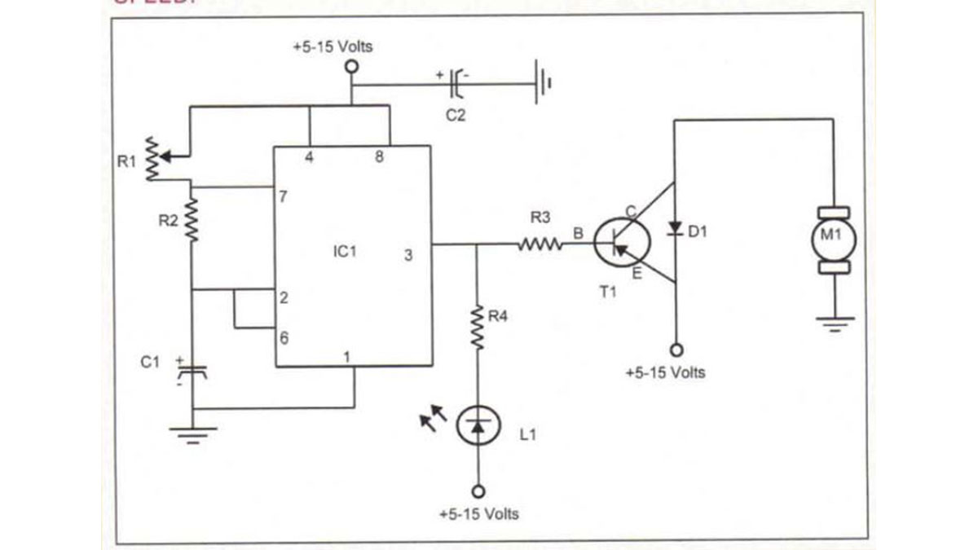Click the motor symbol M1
coord(833,240)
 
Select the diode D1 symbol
coord(675,228)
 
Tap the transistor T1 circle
coord(622,242)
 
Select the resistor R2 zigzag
coord(192,220)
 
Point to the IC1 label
coord(345,252)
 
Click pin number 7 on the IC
coord(283,197)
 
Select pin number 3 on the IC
coord(408,255)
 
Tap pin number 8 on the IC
coord(379,157)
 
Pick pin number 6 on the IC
coord(283,337)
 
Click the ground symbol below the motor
coord(834,325)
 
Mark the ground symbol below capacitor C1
coord(192,433)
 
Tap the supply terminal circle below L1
coord(478,491)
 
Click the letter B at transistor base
coord(578,234)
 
